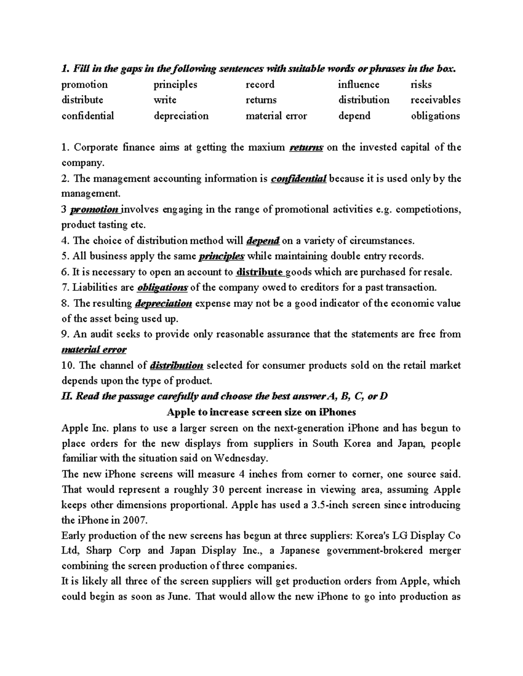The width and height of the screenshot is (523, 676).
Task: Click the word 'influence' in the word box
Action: pos(358,84)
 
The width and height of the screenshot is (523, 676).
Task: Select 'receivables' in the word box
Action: pos(435,100)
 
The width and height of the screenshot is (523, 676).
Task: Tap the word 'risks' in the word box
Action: pos(421,84)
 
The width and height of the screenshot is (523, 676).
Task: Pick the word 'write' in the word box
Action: pos(165,100)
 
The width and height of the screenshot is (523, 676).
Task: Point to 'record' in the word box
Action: pos(260,84)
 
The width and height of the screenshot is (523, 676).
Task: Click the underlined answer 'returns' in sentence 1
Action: pos(306,148)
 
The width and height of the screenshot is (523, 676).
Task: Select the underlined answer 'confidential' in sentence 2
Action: pos(299,179)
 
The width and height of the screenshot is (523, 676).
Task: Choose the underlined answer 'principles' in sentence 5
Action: pos(221,256)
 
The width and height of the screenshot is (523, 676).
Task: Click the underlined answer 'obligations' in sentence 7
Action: pos(162,287)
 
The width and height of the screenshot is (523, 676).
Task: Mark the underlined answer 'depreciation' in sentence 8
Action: pos(163,303)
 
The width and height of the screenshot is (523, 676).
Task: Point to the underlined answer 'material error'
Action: pos(94,350)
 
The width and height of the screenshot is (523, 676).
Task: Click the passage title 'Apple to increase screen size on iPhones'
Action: pos(261,412)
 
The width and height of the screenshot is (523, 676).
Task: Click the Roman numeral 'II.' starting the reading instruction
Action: pos(67,397)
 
